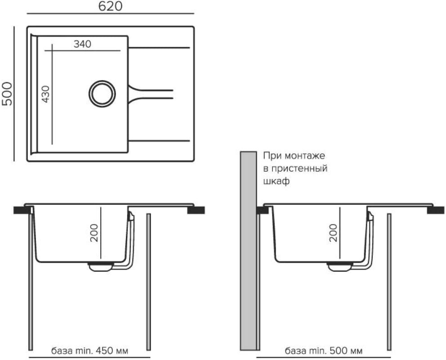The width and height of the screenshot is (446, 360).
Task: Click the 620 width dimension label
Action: (110, 6)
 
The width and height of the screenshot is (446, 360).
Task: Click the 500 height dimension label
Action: (7, 94)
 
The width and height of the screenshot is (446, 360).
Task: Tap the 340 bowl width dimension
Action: (82, 44)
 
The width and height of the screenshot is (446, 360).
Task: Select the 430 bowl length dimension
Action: (45, 94)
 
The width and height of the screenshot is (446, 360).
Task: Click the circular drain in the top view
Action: (102, 94)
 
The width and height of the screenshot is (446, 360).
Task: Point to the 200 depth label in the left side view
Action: (94, 233)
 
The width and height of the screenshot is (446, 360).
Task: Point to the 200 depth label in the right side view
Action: (333, 233)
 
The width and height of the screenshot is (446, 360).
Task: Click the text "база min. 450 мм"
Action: (89, 350)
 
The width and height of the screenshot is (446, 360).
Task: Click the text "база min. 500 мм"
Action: (324, 351)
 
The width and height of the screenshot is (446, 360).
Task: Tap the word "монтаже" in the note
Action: (305, 156)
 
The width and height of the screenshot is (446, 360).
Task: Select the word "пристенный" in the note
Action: (299, 168)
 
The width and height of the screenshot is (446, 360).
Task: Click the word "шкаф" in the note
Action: (276, 181)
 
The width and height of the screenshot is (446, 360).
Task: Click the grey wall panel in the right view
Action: (248, 251)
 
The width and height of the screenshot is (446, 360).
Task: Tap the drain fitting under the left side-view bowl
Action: (101, 266)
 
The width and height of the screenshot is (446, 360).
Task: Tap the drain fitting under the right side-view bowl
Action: (340, 266)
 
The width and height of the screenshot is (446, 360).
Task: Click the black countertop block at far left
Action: (22, 210)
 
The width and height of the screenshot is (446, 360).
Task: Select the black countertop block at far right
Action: (436, 210)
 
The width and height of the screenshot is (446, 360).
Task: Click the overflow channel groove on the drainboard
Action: (151, 94)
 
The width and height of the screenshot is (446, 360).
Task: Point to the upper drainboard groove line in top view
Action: (159, 48)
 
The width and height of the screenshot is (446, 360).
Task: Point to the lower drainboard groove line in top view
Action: (159, 140)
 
